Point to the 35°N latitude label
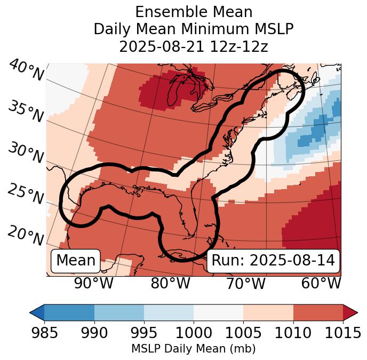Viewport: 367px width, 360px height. tap(26, 112)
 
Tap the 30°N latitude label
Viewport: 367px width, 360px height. tap(26, 153)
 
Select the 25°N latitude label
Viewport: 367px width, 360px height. tap(26, 194)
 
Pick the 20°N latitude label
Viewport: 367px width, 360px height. tap(26, 236)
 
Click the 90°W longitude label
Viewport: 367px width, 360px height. tap(93, 284)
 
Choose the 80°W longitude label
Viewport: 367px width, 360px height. tap(170, 284)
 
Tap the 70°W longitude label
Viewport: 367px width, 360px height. tap(245, 284)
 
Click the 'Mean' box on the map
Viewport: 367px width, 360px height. tap(76, 261)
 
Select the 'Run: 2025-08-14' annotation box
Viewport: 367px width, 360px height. tap(273, 261)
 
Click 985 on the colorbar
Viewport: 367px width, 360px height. tap(44, 333)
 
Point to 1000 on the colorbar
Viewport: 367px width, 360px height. tap(194, 333)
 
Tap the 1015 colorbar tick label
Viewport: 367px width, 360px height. tap(343, 333)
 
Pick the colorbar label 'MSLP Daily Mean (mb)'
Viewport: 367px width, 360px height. tap(194, 349)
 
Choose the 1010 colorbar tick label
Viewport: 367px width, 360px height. tap(293, 333)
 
